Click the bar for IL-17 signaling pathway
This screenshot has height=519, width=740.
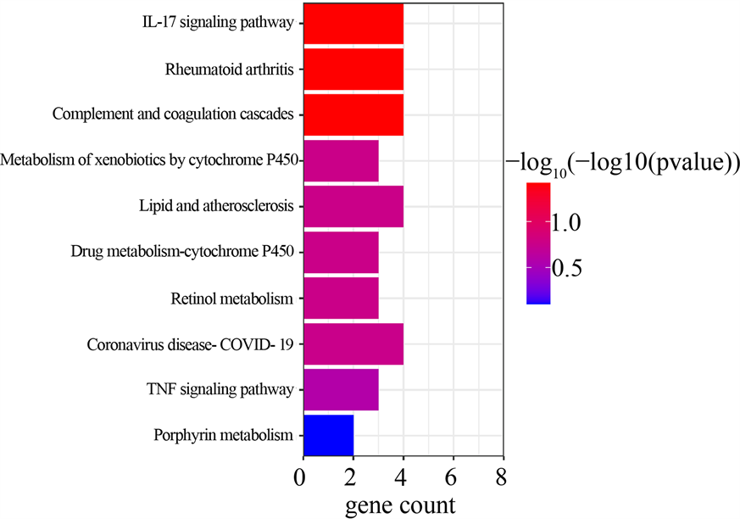[352, 23]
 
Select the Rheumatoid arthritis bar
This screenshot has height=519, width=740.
[352, 69]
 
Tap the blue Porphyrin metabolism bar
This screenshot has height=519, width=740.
[327, 435]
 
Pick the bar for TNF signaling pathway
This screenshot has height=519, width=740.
[340, 389]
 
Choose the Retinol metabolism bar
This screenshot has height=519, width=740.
[340, 298]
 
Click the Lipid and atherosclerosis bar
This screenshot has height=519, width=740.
[352, 206]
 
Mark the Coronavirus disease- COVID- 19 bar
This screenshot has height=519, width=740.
[352, 343]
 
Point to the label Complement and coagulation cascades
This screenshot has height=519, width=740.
[173, 114]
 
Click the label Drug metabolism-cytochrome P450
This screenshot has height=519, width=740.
[182, 251]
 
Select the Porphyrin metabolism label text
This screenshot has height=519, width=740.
[224, 436]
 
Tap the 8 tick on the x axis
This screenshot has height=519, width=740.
[503, 477]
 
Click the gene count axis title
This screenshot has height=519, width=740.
[400, 505]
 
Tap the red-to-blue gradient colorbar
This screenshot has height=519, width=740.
[537, 243]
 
